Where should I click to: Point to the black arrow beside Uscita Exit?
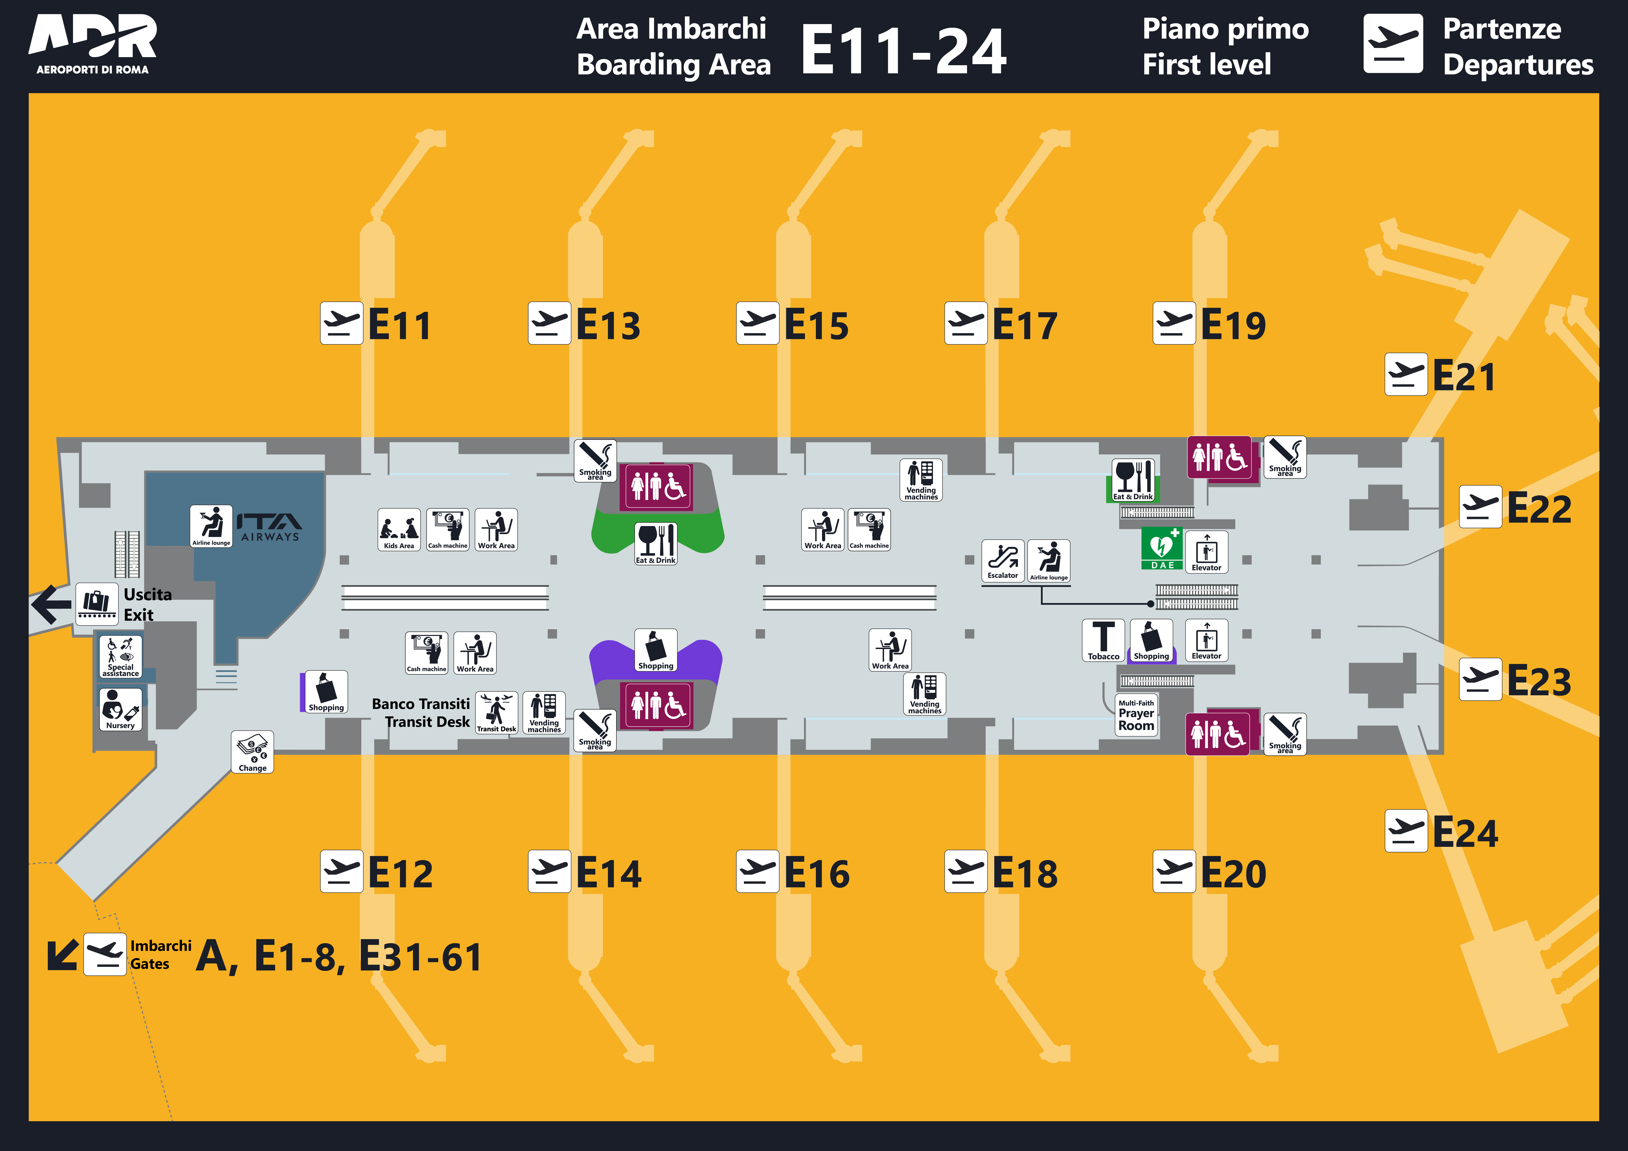51,604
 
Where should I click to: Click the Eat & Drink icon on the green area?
656,544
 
